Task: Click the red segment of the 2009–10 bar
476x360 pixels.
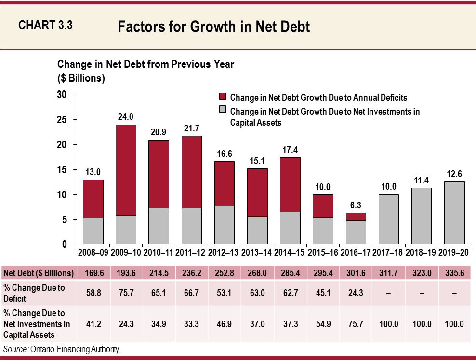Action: point(126,169)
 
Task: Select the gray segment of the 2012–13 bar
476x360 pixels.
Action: point(224,225)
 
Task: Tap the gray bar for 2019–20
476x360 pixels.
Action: point(454,213)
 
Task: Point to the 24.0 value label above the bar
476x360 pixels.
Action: point(126,116)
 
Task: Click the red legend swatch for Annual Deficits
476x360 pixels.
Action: point(222,98)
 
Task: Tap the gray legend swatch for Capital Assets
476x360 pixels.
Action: point(222,112)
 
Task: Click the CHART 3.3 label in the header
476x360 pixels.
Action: point(45,26)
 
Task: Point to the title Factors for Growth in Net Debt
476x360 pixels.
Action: point(213,26)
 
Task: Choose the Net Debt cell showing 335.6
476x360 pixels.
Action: point(454,273)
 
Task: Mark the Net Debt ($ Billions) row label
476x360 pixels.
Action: point(38,273)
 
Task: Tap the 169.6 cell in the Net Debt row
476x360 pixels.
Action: point(93,273)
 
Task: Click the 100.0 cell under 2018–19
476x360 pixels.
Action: point(421,324)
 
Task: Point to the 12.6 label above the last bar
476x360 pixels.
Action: point(454,173)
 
